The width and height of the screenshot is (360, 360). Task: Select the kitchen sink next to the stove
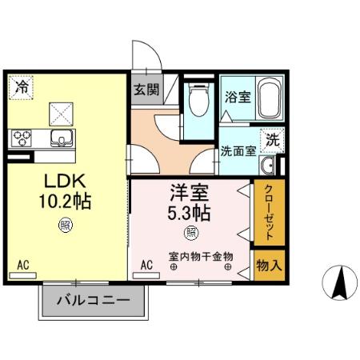click(58, 138)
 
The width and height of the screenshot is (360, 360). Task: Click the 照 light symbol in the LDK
click(64, 226)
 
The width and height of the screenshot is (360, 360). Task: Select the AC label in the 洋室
click(147, 263)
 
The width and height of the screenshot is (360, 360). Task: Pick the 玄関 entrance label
click(146, 89)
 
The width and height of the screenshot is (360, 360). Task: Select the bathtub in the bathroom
click(268, 98)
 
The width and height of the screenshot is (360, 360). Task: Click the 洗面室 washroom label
click(238, 150)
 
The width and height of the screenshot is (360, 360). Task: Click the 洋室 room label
click(190, 193)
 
